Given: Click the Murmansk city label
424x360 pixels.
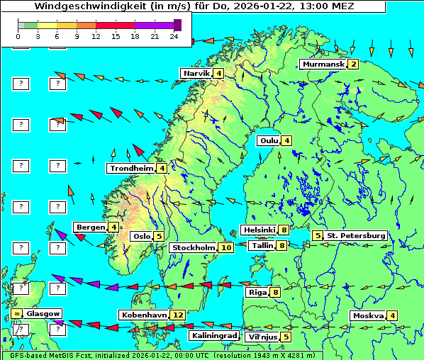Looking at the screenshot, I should (323, 64).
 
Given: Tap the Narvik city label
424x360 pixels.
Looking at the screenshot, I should (196, 73).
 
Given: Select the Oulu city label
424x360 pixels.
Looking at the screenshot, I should (268, 140).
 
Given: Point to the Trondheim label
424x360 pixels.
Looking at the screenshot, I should (132, 168).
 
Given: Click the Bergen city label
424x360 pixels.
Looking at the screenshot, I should (90, 227).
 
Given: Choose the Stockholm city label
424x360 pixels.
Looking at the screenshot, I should (193, 247).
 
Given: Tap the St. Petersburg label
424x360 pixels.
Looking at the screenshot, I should (356, 235).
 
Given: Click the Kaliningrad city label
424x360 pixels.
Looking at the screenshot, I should (213, 335).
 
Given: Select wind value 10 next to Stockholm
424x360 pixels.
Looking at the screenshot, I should (225, 247).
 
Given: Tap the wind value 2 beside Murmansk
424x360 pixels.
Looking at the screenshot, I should (352, 64).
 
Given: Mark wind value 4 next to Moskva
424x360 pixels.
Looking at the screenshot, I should (392, 315).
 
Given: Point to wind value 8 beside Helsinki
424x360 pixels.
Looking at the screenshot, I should (283, 230).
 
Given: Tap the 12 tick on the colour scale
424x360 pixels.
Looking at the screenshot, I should (96, 36).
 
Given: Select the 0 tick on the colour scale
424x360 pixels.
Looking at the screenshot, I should (18, 36).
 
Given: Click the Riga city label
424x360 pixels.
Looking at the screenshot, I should (256, 292).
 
